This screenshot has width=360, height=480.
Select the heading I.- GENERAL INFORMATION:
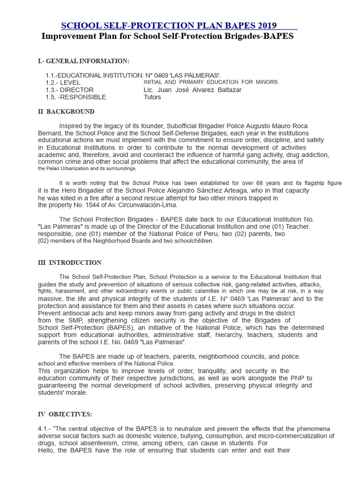coord(83,61)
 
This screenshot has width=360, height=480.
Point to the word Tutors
coord(152,97)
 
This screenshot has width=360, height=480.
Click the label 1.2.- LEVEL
coord(64,82)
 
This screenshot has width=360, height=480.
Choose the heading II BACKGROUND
coord(66,112)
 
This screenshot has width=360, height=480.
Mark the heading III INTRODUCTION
coord(69,262)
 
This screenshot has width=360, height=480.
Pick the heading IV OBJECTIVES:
coord(65,414)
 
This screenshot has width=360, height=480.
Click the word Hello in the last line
coord(47,450)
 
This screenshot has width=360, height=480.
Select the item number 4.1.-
coord(45,429)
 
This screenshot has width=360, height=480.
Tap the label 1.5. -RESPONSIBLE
coord(75,97)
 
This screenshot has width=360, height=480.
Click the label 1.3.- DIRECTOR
coord(69,90)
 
